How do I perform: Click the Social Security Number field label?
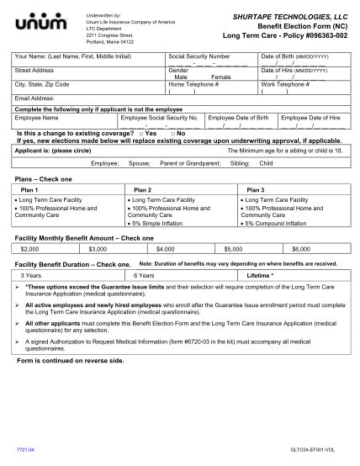point(199,56)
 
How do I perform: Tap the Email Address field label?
point(34,98)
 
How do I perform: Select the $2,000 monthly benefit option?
point(30,249)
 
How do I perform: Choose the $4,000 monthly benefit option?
point(165,249)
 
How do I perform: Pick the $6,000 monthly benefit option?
point(300,249)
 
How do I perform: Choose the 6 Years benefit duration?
point(144,275)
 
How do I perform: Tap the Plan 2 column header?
point(143,190)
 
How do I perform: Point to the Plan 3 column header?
point(256,190)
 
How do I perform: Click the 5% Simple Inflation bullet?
point(161,224)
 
